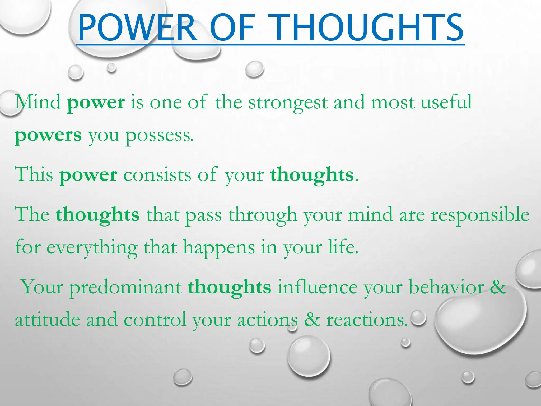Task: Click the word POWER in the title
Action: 137,28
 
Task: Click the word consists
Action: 157,175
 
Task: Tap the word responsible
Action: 480,215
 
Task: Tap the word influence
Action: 317,287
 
